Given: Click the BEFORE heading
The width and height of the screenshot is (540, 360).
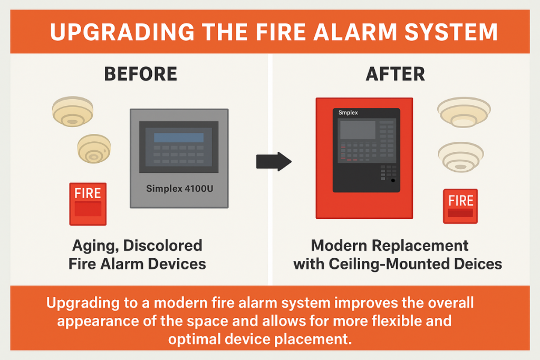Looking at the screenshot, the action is pos(140,74).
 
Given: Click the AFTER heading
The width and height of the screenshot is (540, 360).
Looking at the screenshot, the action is pos(396,74).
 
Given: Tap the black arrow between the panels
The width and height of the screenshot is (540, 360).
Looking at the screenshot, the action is pos(274,161).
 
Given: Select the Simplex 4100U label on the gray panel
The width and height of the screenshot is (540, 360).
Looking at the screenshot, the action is pos(179,189).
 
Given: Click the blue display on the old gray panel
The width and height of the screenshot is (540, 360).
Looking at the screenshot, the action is pos(179,138).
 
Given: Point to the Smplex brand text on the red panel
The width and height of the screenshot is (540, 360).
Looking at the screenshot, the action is pos(348,113).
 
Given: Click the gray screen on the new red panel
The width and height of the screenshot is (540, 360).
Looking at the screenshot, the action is pos(358,130).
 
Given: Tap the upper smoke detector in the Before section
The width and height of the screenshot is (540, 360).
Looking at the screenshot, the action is pos(73,111).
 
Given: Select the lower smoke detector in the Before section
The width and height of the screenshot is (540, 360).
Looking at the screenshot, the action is pos(94,149).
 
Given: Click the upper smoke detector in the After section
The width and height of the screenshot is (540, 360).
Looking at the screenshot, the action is pos(464,112).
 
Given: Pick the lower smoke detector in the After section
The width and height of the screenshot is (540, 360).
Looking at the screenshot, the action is pos(461,157).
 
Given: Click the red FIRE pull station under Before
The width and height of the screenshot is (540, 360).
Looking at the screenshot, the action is pos(88,204).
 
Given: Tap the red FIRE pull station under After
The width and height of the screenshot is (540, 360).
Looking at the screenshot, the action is pos(460,206).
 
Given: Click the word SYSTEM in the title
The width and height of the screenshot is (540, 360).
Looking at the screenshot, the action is pos(451,32).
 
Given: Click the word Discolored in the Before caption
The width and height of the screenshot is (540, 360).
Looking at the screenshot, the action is pos(162,246).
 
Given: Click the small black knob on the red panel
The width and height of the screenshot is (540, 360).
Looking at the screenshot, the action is pos(393,180).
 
